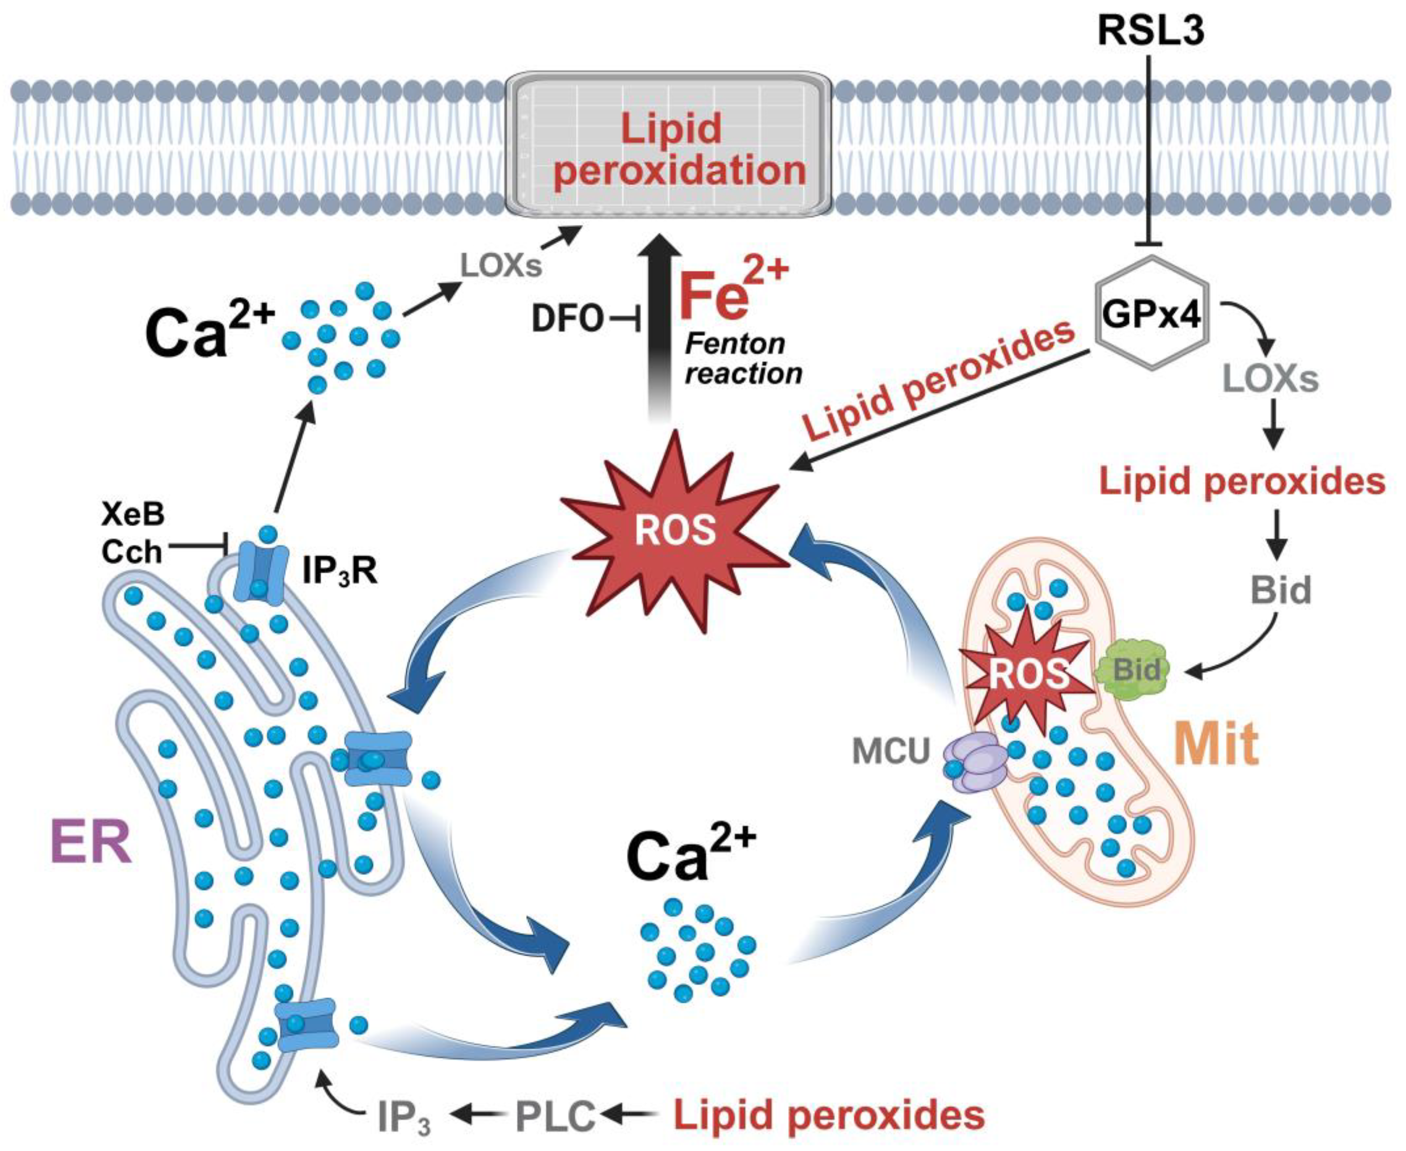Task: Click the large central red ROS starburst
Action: pos(675,531)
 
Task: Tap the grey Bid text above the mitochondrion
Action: pos(1281,589)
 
